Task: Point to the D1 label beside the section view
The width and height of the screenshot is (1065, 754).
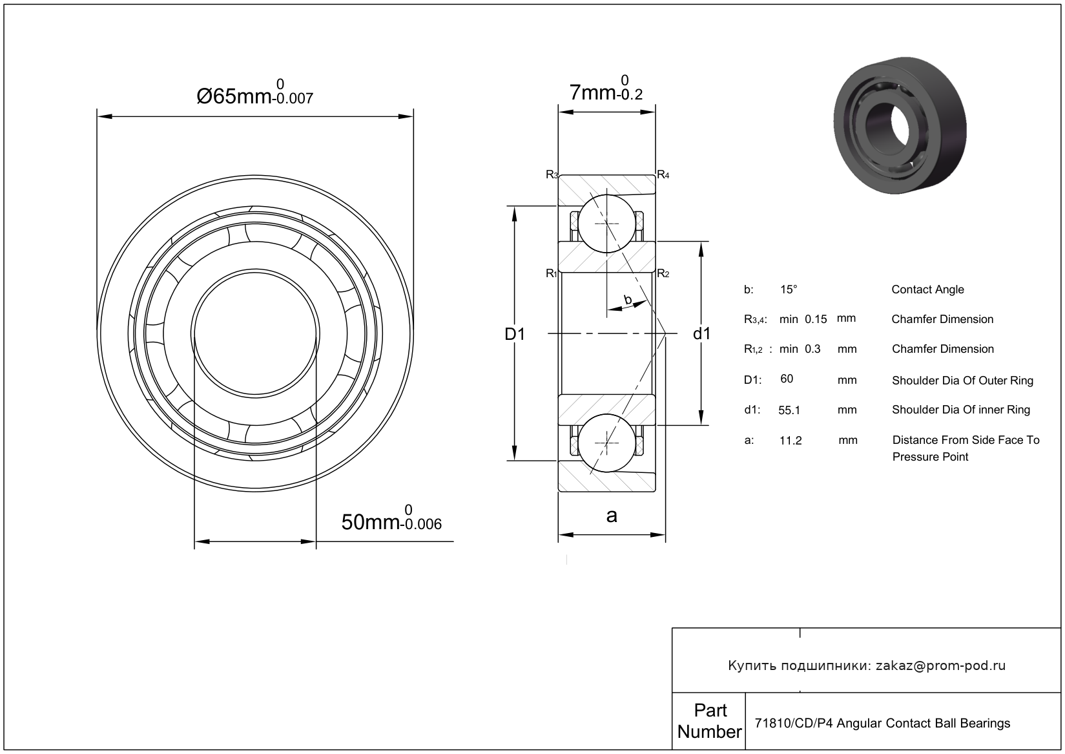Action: pyautogui.click(x=515, y=334)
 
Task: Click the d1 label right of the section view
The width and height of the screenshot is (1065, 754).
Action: pyautogui.click(x=701, y=333)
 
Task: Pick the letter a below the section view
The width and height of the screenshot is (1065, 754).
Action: pyautogui.click(x=611, y=516)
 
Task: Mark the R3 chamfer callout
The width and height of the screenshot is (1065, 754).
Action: pyautogui.click(x=552, y=174)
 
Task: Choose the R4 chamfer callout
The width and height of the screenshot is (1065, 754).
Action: pyautogui.click(x=663, y=174)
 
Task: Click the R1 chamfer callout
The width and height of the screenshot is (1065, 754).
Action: pyautogui.click(x=551, y=273)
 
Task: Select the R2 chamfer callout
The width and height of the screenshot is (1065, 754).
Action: pyautogui.click(x=663, y=273)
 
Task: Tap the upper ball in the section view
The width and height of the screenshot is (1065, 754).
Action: pyautogui.click(x=606, y=223)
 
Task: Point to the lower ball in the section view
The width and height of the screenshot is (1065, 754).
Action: pyautogui.click(x=606, y=443)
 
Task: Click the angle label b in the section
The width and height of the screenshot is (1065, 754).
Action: pyautogui.click(x=627, y=299)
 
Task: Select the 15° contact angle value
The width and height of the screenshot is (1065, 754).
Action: pyautogui.click(x=789, y=289)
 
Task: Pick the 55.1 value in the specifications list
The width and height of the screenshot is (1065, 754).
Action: pyautogui.click(x=789, y=410)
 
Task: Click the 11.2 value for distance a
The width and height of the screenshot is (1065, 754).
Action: pyautogui.click(x=791, y=441)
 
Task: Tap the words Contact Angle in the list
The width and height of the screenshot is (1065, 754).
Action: pyautogui.click(x=927, y=289)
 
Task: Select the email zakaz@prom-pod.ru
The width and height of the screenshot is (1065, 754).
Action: pyautogui.click(x=940, y=665)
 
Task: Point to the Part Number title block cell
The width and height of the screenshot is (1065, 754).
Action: pyautogui.click(x=709, y=721)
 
